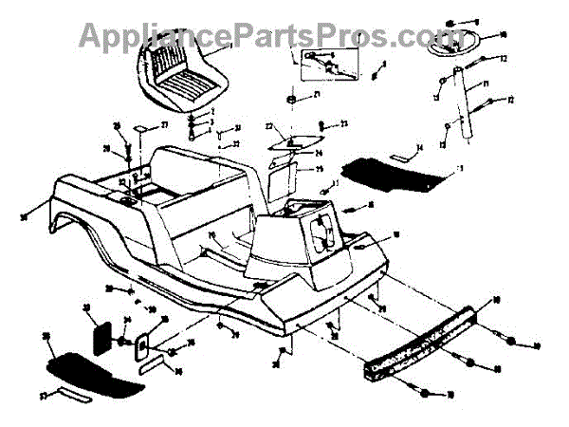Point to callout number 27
tap(162, 124)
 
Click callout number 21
tap(316, 97)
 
